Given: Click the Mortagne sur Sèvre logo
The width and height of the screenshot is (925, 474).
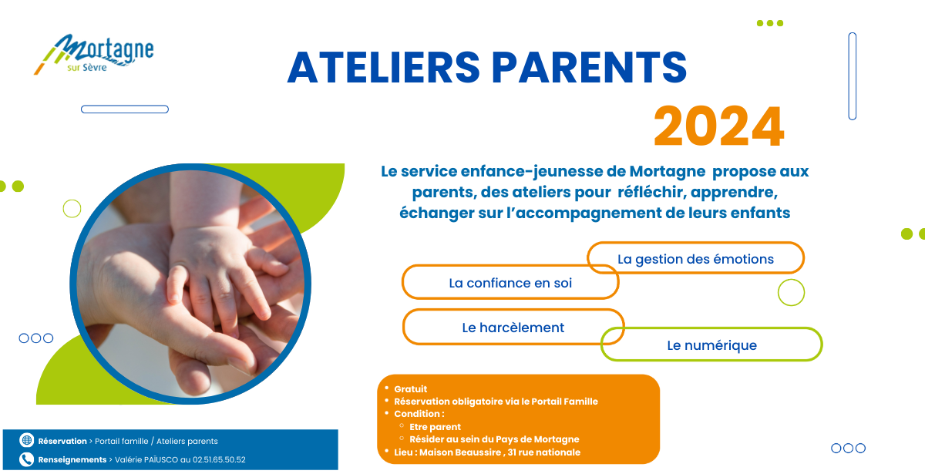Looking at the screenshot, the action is pos(94,54).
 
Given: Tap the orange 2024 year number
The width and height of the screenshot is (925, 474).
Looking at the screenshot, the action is pos(719,126).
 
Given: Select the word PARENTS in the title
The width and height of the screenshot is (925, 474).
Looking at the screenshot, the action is pos(589,68).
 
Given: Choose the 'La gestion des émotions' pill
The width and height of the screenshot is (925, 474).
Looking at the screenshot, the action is pos(695,258).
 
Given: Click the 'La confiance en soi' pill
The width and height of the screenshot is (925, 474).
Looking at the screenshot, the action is pos(510,282).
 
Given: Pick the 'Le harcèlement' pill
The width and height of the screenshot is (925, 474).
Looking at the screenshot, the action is pos(513,327).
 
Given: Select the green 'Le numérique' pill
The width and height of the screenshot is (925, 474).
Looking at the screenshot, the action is pos(711,345).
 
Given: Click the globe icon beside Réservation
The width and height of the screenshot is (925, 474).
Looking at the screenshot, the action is pos(27,440).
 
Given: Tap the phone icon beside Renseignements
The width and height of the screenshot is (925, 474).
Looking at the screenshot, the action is pos(27,459).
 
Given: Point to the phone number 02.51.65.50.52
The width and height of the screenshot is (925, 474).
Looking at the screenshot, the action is pos(219,459).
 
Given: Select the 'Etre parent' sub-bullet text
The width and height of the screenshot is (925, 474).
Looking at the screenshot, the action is pos(435,426).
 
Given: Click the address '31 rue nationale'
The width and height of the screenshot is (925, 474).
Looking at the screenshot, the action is pos(544,452).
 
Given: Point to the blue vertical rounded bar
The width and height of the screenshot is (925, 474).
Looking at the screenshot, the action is pos(853,76).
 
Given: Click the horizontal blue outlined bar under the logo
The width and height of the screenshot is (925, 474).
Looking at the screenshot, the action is pos(125,109).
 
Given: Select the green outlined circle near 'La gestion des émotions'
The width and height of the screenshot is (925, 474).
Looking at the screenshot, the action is pos(791,292).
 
